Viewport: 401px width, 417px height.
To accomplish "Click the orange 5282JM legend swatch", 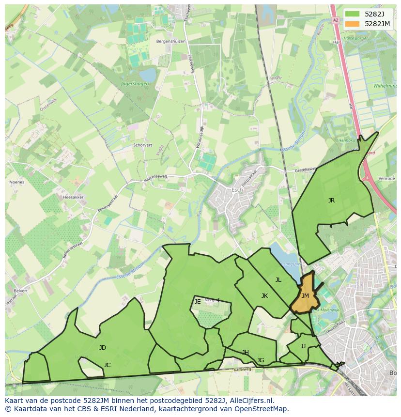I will [x=353, y=24].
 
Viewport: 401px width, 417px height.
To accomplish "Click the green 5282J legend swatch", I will [x=353, y=14].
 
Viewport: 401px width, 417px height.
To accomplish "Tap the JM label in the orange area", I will [x=305, y=295].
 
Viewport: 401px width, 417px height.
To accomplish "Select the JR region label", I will [x=331, y=200].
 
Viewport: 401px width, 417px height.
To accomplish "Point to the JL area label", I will [x=278, y=279].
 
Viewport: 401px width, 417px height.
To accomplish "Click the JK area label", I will [x=264, y=295].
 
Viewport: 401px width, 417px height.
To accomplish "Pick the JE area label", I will [x=198, y=301].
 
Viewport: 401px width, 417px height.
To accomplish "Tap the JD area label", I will [x=103, y=347].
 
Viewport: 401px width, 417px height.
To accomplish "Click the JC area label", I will [x=108, y=365].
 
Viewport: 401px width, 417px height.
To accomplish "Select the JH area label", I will [x=246, y=352].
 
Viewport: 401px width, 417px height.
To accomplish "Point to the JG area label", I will [x=261, y=360].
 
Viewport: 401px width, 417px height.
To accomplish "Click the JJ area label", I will [x=303, y=346].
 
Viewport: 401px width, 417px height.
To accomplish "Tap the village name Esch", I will [x=237, y=189].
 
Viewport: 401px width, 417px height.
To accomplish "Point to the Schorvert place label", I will [x=142, y=145].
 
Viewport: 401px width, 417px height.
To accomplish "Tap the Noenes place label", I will [x=16, y=182].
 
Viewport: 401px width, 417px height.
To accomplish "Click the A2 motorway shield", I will [x=336, y=20].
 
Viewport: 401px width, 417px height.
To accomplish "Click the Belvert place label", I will [x=21, y=291].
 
